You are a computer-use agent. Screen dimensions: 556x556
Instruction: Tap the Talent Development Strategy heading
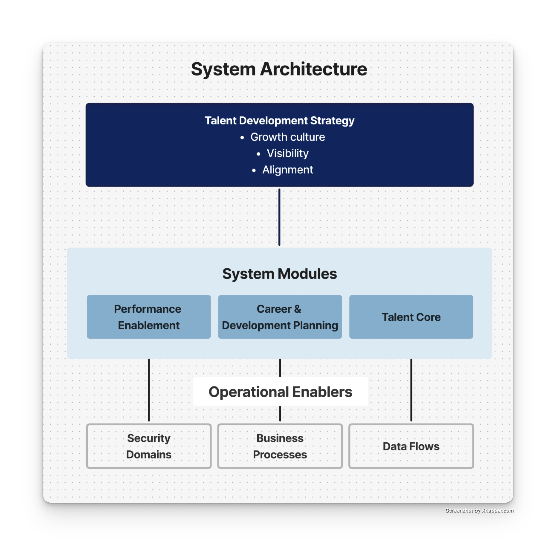(x=279, y=121)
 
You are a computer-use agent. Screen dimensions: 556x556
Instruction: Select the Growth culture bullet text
(x=287, y=137)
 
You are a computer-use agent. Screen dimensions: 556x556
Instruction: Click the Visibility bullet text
(x=287, y=153)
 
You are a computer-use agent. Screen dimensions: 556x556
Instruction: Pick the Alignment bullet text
(x=287, y=170)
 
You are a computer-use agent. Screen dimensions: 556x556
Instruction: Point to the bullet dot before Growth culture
(x=242, y=138)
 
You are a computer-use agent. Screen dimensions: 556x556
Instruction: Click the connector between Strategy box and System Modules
(x=279, y=217)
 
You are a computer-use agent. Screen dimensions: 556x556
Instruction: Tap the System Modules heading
(x=279, y=274)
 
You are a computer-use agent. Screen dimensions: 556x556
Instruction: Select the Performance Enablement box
(x=149, y=317)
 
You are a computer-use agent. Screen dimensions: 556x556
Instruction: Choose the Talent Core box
(x=411, y=317)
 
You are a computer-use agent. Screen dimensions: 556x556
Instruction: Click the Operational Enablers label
(x=280, y=392)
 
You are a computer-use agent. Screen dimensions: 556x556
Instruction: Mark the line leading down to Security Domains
(x=149, y=390)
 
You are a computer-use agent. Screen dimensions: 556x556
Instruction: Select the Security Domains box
(x=149, y=446)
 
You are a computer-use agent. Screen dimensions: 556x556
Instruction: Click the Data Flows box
(x=411, y=446)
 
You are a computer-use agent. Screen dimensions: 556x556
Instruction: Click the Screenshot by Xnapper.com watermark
(x=479, y=510)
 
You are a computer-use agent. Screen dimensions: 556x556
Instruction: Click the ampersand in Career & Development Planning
(x=297, y=309)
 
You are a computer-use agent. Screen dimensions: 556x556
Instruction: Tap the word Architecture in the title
(x=313, y=69)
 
